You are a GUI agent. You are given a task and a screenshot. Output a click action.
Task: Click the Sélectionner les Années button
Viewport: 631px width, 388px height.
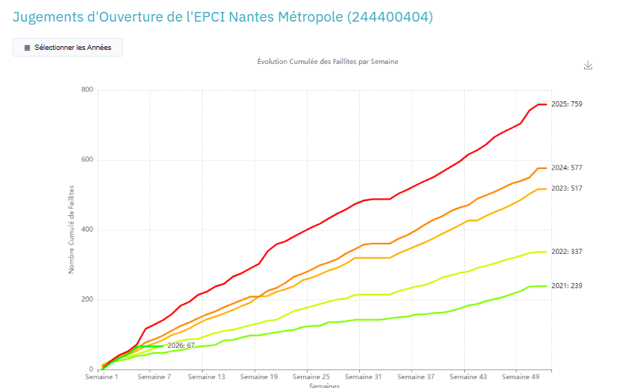(x=68, y=47)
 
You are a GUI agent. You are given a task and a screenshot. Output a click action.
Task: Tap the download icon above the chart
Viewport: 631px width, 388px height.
(x=588, y=66)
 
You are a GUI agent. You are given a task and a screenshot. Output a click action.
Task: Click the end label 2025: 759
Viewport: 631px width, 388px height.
(x=566, y=104)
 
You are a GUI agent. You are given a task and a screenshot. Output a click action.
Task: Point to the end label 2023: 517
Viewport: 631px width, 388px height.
(x=566, y=188)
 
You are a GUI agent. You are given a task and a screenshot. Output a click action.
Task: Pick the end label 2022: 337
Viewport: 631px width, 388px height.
(x=566, y=252)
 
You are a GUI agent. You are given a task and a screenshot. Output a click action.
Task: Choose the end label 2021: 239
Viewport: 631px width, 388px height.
(x=566, y=286)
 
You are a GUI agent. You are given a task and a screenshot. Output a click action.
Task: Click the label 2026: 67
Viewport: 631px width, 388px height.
(x=180, y=346)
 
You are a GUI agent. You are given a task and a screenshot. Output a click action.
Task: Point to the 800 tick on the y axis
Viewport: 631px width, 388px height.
(x=87, y=90)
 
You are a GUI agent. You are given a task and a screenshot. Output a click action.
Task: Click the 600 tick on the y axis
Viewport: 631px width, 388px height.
(x=87, y=160)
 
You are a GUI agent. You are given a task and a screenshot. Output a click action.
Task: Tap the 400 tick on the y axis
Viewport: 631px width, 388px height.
(x=87, y=230)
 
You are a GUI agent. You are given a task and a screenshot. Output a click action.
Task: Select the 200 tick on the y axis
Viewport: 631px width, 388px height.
(x=87, y=300)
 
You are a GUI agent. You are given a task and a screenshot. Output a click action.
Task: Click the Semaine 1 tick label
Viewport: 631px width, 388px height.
(x=101, y=378)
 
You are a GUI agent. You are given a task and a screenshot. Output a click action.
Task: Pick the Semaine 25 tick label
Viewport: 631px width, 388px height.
(x=311, y=378)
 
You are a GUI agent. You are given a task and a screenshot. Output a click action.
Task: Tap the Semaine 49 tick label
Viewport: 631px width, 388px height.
(x=520, y=378)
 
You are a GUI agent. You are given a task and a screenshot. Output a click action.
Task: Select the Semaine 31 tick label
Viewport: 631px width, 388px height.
(x=363, y=378)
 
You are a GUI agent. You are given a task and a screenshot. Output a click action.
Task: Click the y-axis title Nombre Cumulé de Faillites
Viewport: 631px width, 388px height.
(x=72, y=230)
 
